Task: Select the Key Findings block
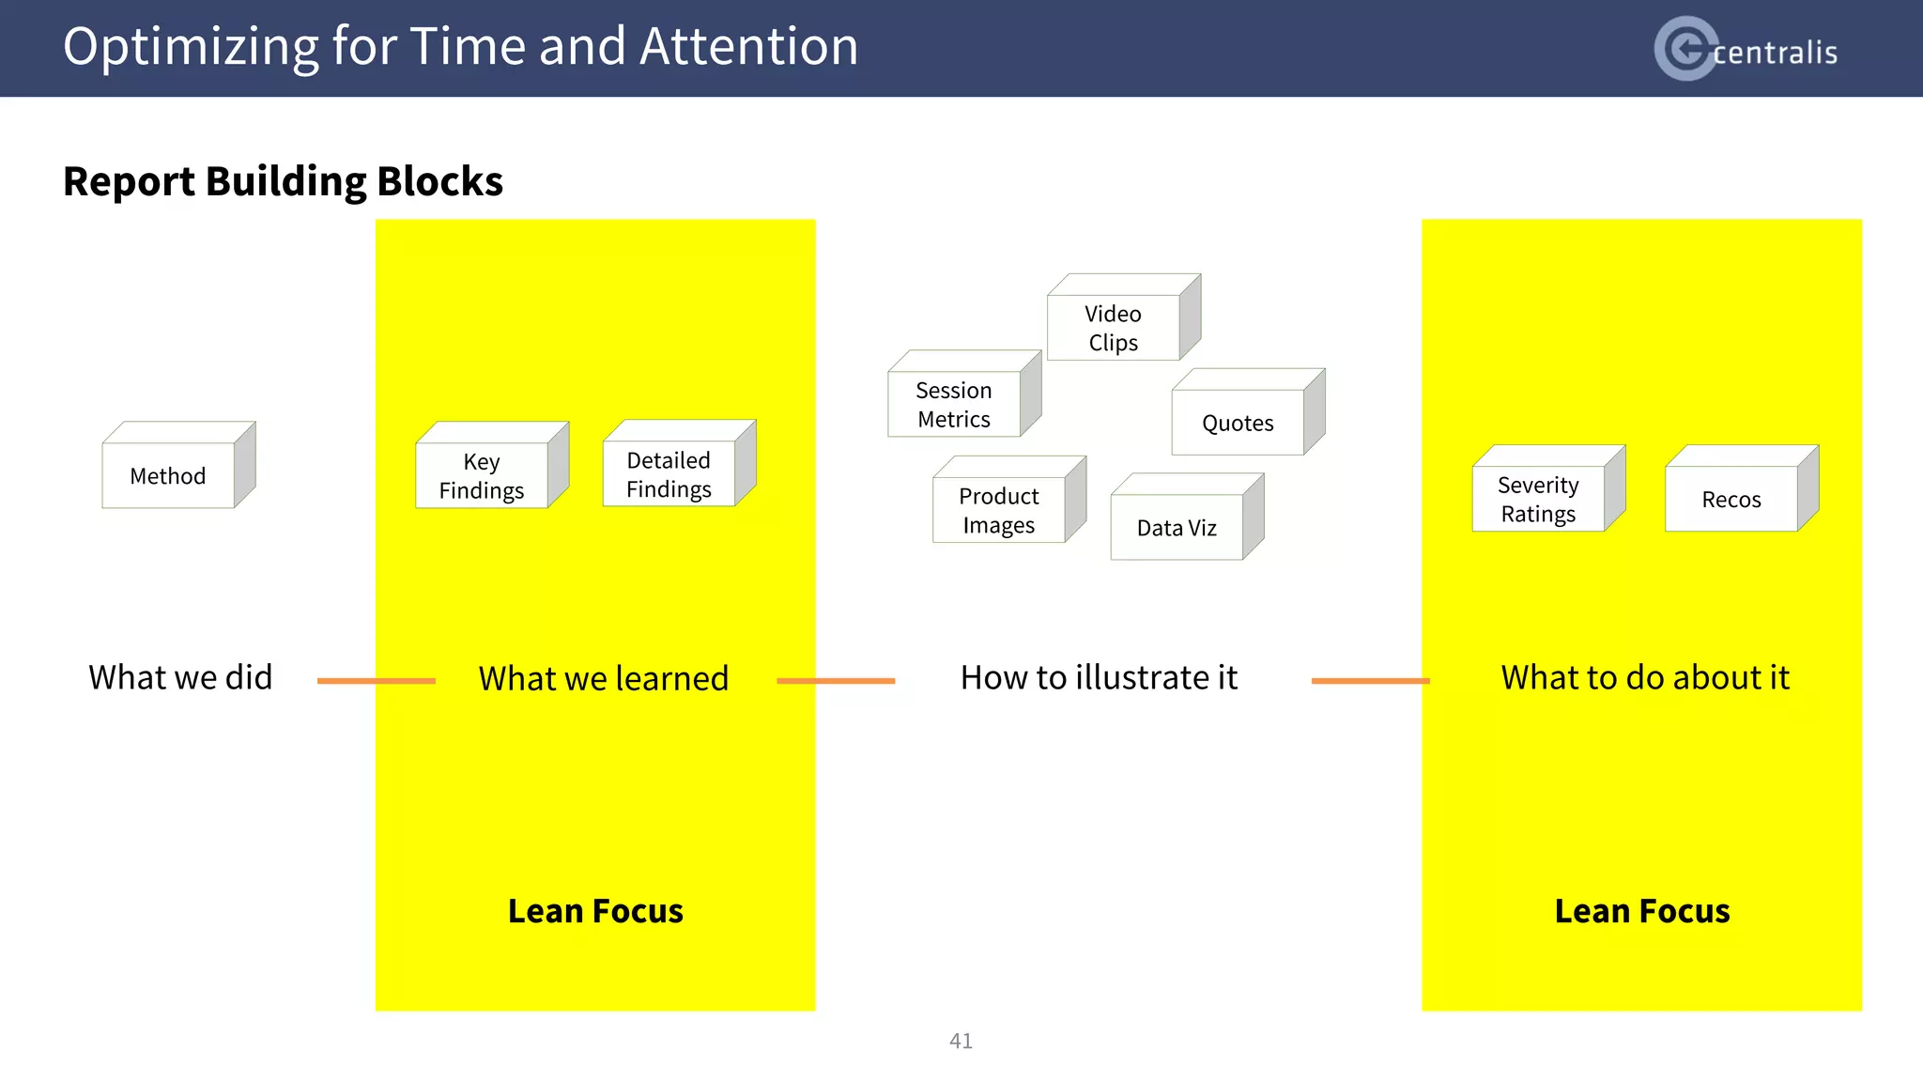point(482,475)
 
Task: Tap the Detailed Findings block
point(669,474)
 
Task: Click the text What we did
point(180,677)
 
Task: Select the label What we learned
point(604,678)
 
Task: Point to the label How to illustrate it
point(1099,677)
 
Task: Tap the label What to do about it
point(1645,677)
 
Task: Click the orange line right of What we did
point(376,681)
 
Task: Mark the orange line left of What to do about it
point(1370,681)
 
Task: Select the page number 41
point(961,1041)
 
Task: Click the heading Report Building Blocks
point(283,181)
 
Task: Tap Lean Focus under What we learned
point(595,911)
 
